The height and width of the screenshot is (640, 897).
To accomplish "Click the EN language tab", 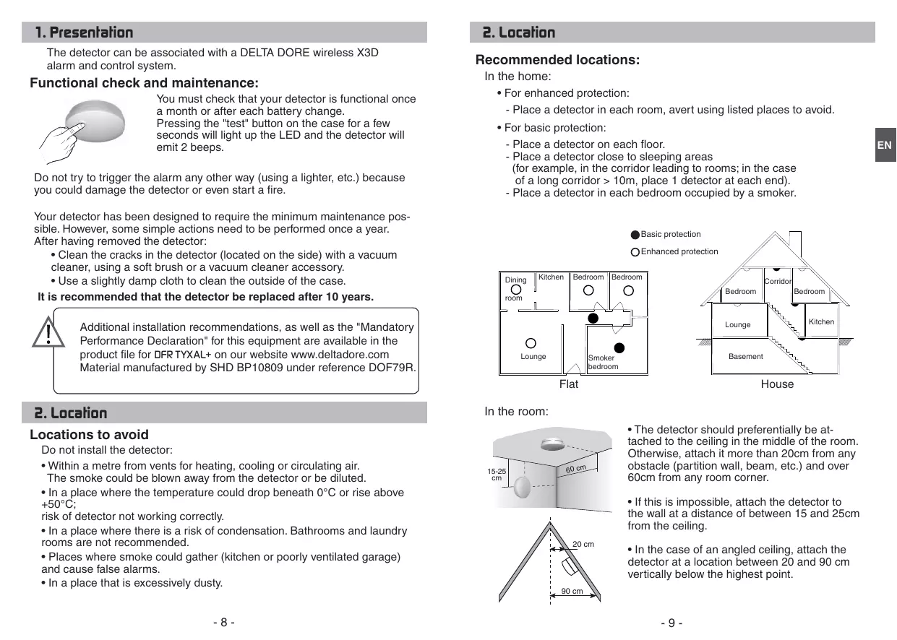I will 885,146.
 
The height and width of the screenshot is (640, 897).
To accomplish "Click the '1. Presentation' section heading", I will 85,33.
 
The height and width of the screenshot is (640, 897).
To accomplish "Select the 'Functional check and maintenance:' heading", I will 144,83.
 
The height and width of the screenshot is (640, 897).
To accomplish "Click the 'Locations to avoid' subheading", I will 89,435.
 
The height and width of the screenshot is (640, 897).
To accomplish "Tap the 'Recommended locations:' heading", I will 557,60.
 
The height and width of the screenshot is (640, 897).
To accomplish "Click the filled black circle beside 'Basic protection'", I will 635,235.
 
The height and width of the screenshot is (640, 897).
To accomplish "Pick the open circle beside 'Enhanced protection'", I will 635,252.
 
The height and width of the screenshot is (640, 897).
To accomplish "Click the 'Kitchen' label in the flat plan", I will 551,277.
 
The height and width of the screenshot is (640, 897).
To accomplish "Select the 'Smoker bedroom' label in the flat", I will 603,362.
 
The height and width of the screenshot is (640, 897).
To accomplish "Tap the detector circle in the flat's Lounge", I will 531,344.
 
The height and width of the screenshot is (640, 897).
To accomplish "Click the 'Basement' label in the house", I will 745,357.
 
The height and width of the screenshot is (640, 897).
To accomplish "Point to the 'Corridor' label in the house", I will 778,281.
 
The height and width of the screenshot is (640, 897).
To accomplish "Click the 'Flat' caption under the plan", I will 569,384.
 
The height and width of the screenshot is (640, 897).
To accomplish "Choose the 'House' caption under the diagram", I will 777,384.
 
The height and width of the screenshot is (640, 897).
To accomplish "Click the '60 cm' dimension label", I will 575,470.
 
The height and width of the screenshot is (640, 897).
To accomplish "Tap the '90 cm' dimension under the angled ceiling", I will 572,592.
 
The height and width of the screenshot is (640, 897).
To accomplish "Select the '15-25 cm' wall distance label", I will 496,475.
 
